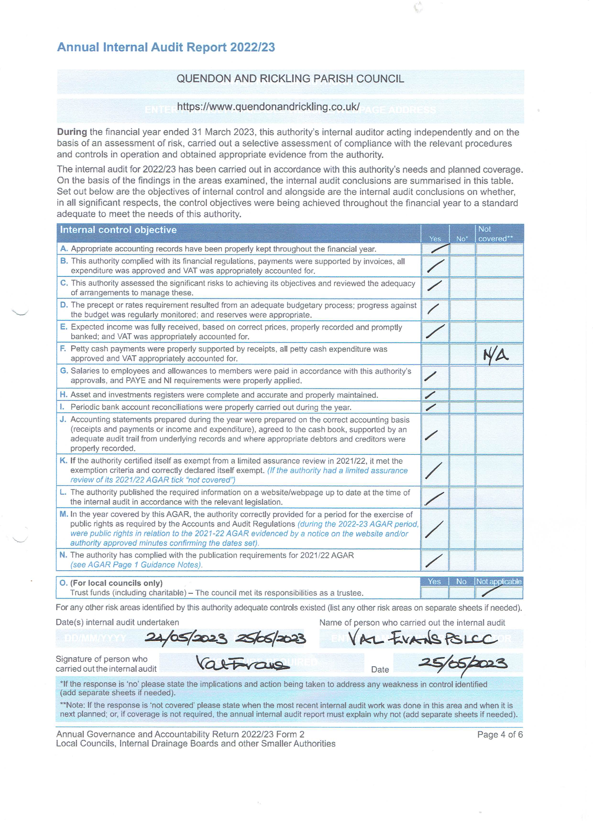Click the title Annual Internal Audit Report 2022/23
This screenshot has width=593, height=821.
point(166,47)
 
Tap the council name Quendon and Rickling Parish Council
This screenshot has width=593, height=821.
point(290,79)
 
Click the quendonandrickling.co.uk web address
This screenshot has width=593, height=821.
point(268,107)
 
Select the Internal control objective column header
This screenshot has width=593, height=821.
point(118,230)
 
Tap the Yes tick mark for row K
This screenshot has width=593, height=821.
point(434,470)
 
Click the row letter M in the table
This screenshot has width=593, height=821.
point(63,514)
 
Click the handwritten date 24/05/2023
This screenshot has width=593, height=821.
point(186,639)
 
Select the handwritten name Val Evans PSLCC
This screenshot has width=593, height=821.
point(422,639)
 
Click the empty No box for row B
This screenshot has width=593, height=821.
point(462,266)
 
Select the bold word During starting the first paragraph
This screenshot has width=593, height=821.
point(72,132)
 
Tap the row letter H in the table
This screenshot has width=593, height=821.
point(63,395)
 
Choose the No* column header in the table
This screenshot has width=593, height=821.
point(461,239)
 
